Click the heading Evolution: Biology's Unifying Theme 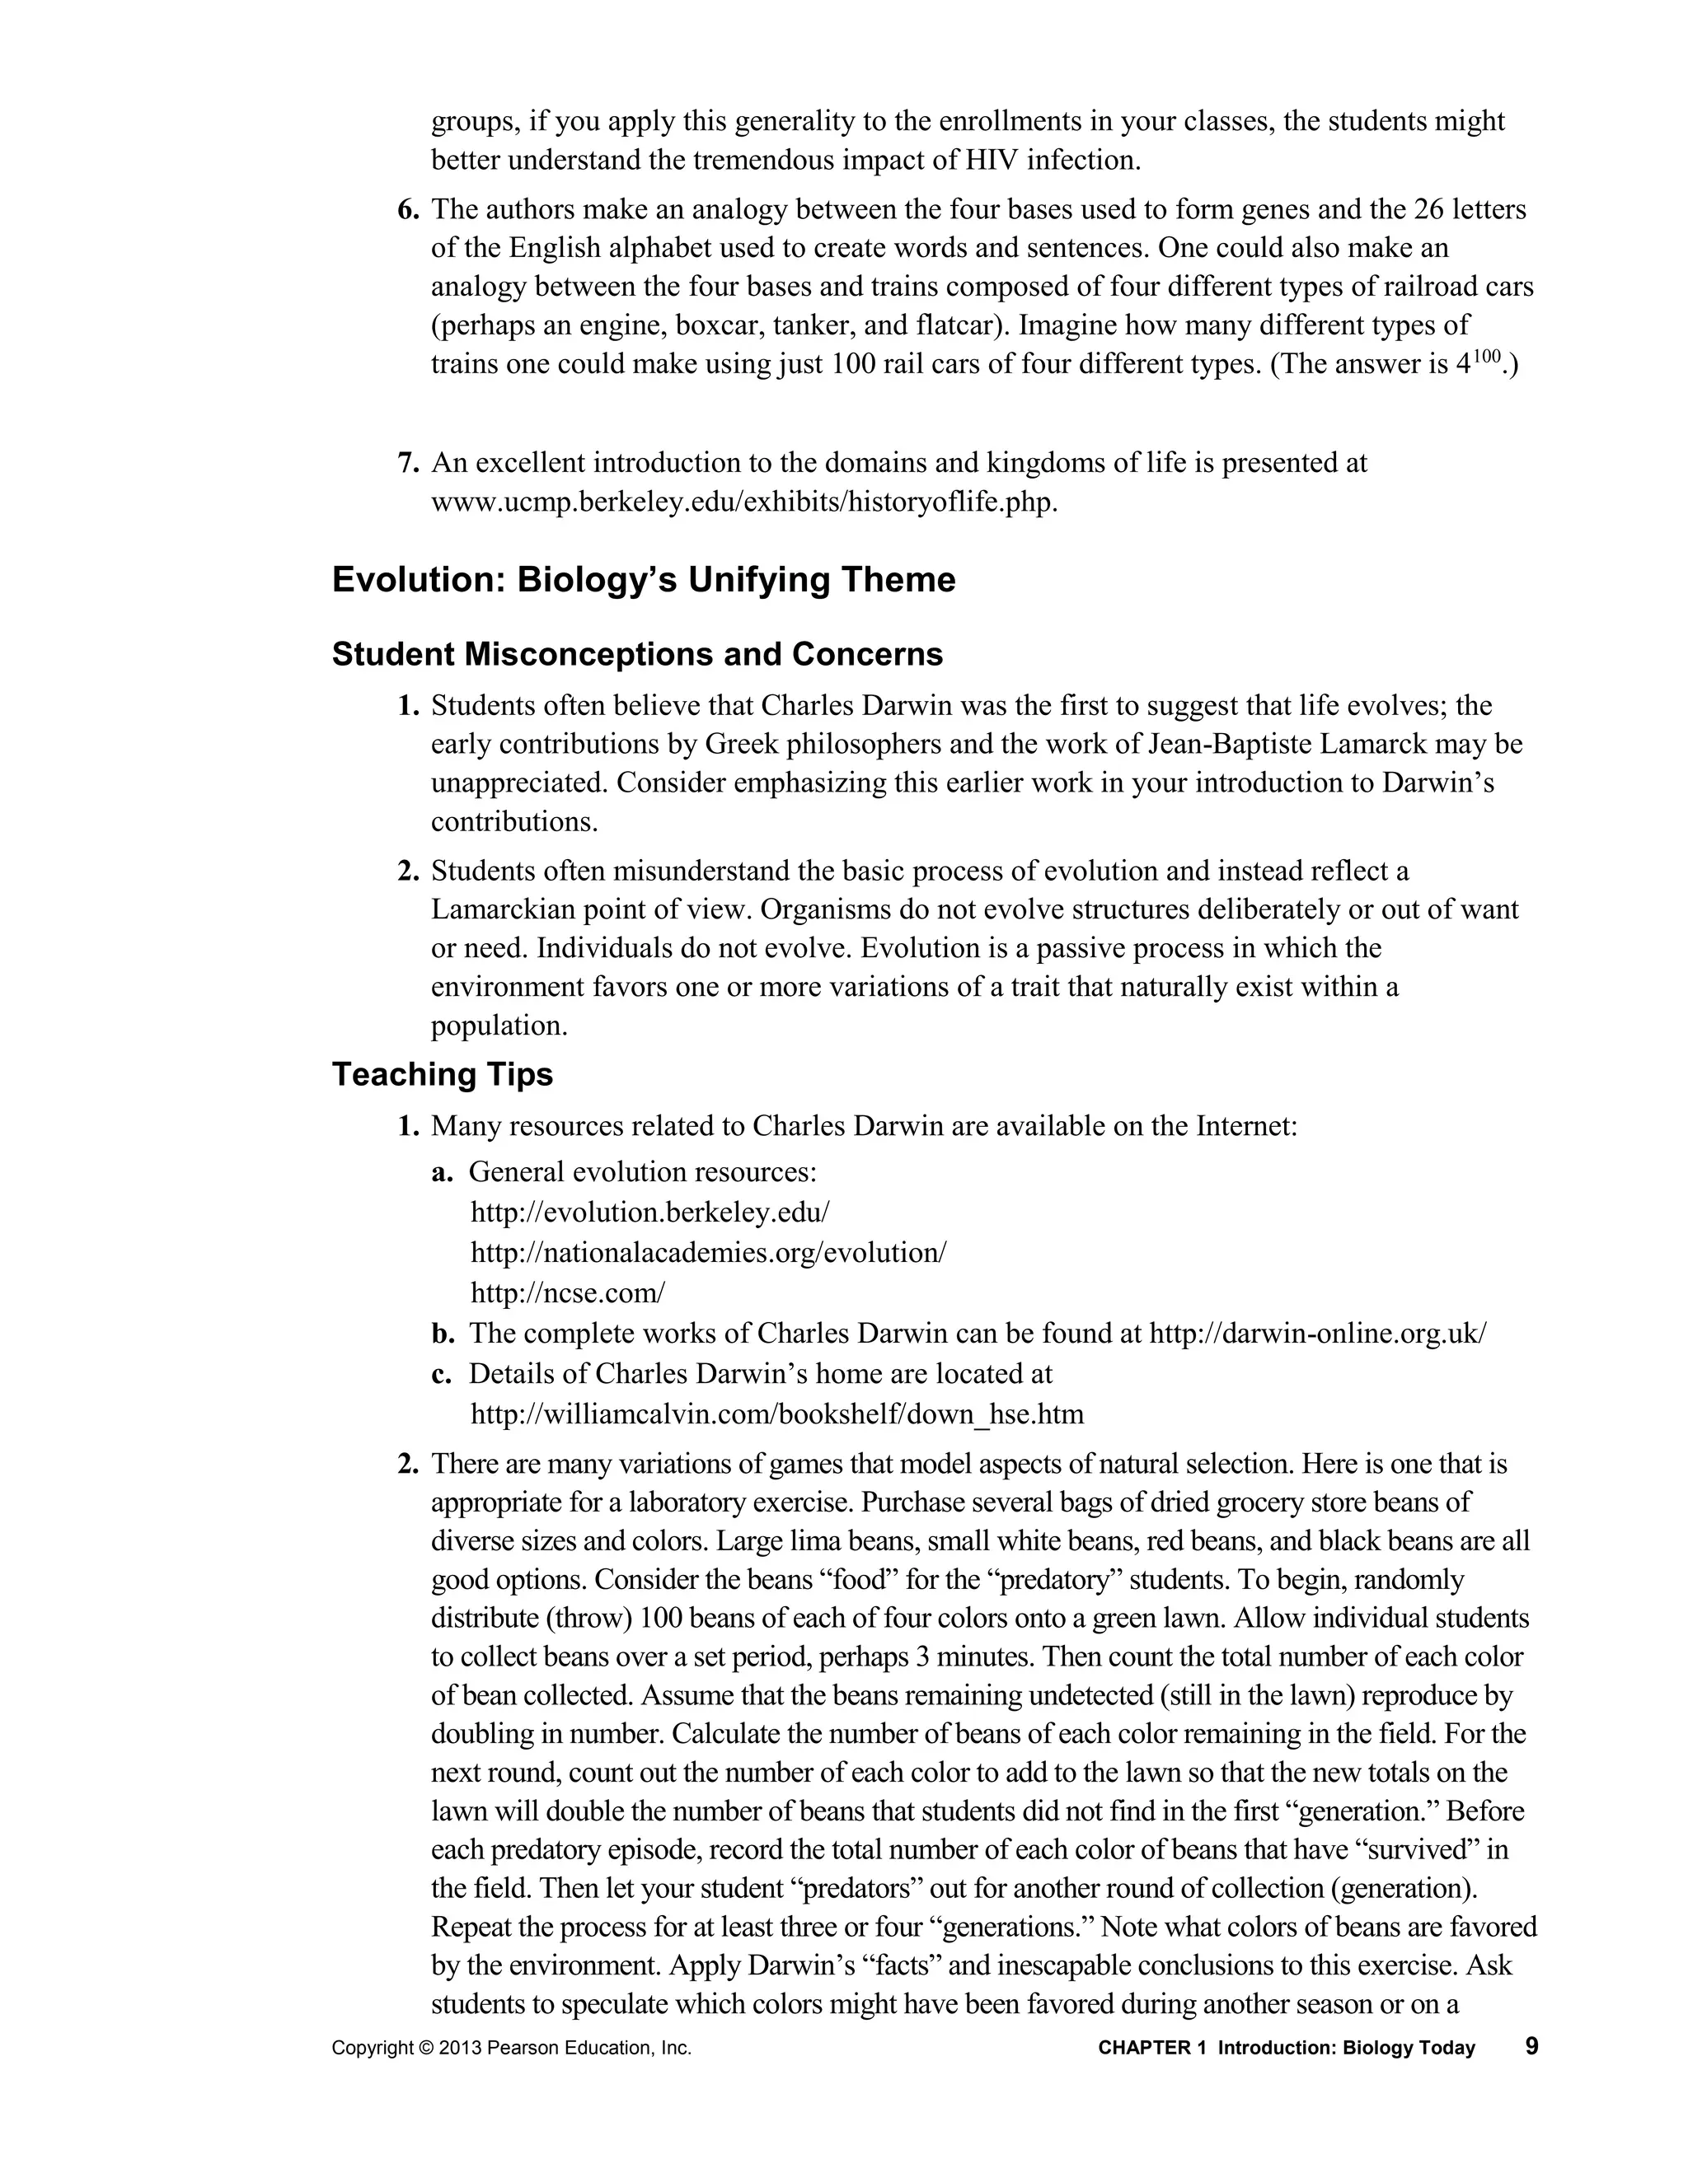pyautogui.click(x=644, y=580)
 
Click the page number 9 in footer pyautogui.click(x=1531, y=2046)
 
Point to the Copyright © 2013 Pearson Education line pyautogui.click(x=511, y=2049)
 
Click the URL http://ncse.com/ pyautogui.click(x=568, y=1293)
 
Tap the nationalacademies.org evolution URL pyautogui.click(x=708, y=1253)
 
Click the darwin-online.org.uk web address pyautogui.click(x=1317, y=1334)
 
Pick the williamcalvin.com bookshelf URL pyautogui.click(x=777, y=1414)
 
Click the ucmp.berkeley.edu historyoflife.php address pyautogui.click(x=743, y=502)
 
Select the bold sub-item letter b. pyautogui.click(x=442, y=1334)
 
